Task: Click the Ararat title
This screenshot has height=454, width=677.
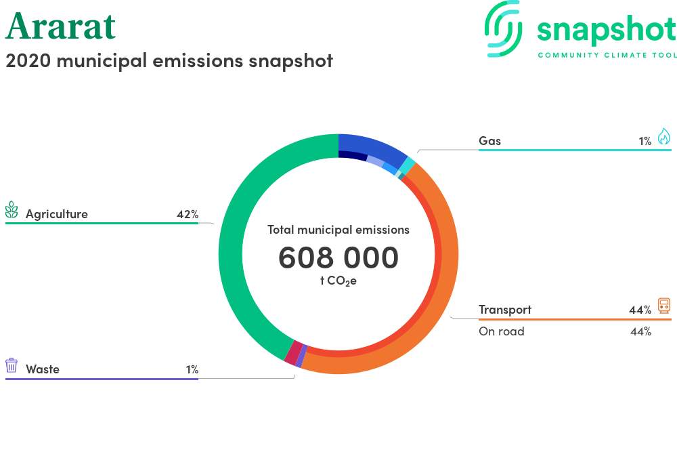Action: pos(60,26)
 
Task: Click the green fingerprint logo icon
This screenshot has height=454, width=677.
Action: pos(503,28)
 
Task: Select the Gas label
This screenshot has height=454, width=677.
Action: pos(489,141)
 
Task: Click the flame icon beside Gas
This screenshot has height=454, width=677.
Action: pos(664,136)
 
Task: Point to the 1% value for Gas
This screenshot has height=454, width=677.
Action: pos(645,141)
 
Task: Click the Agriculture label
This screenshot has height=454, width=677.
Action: pos(57,214)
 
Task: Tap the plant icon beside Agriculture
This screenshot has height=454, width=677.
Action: pos(12,209)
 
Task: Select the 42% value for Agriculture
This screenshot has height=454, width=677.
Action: pos(188,214)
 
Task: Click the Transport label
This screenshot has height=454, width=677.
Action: pos(505,310)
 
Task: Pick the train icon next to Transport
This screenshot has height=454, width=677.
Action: pos(664,306)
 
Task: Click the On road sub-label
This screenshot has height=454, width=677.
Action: pos(502,331)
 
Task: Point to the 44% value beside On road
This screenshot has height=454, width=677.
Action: pos(640,332)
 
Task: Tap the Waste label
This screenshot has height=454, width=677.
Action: pos(42,369)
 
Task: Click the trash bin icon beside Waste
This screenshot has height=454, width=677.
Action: pos(12,365)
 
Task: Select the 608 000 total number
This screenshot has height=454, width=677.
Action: pos(338,257)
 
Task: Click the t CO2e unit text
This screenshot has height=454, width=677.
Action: pos(338,281)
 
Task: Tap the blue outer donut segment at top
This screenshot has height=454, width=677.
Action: pos(375,144)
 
